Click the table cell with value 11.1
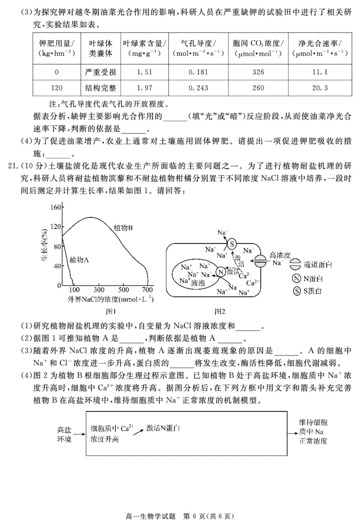pyautogui.click(x=318, y=72)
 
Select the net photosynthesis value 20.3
pyautogui.click(x=318, y=88)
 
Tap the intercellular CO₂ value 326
pyautogui.click(x=258, y=72)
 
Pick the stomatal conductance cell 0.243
pyautogui.click(x=198, y=88)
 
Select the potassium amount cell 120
pyautogui.click(x=57, y=88)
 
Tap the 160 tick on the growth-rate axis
pyautogui.click(x=55, y=208)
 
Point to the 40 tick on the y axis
pyautogui.click(x=57, y=266)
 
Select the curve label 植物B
pyautogui.click(x=123, y=228)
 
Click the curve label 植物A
pyautogui.click(x=79, y=260)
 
